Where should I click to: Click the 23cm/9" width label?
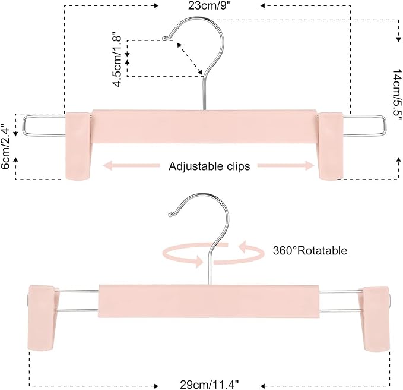(x=210, y=5)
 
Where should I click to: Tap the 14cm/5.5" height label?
(x=397, y=95)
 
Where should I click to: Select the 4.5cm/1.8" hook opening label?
(x=117, y=59)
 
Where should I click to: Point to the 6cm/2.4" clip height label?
(x=5, y=146)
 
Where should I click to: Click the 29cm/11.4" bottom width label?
(x=209, y=385)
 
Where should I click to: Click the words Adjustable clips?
(x=209, y=166)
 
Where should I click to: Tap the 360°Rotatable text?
(x=310, y=250)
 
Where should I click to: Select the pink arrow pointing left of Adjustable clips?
(x=131, y=165)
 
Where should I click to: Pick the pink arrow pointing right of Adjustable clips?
(x=286, y=165)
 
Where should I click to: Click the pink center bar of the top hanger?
(x=204, y=127)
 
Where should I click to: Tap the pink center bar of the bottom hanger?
(x=209, y=301)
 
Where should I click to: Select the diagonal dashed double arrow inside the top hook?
(x=190, y=58)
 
